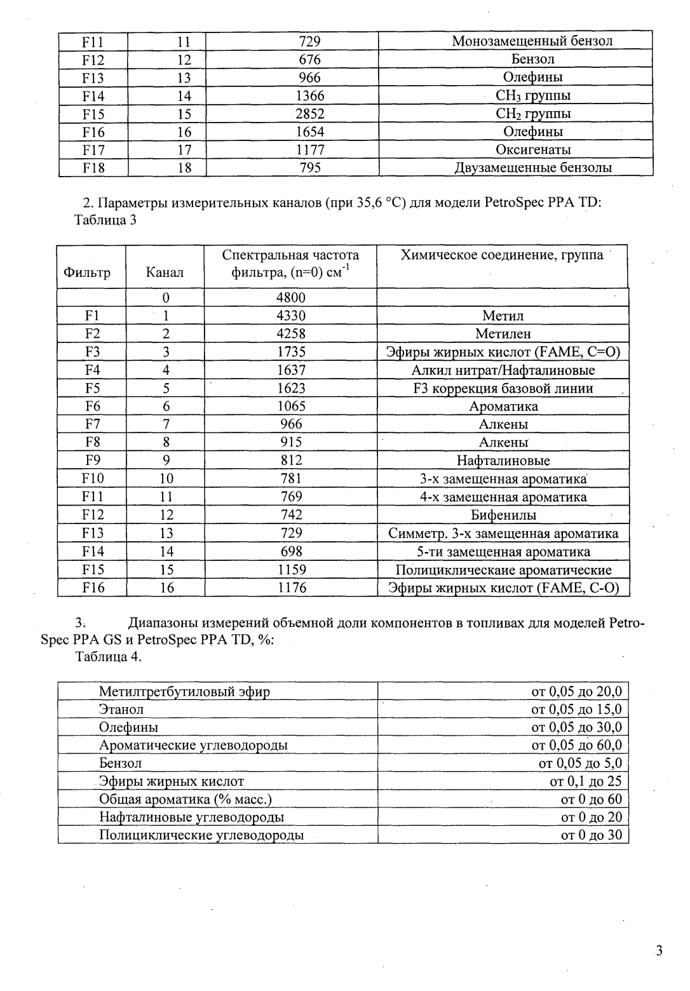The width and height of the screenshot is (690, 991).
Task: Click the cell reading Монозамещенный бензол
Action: coord(532,41)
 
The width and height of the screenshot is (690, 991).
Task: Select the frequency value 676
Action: coord(309,59)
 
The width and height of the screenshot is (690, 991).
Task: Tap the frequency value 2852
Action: coord(309,114)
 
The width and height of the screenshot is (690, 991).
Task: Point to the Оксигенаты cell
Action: coord(532,150)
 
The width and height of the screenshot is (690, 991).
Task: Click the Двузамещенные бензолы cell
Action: coord(532,168)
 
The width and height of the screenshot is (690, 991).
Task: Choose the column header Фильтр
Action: coord(87,273)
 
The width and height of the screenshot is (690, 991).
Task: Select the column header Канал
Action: coord(165,273)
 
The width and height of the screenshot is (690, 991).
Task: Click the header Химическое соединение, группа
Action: coord(501,255)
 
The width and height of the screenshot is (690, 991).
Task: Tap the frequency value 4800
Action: coord(291,297)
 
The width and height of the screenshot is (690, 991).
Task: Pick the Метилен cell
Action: coord(503,334)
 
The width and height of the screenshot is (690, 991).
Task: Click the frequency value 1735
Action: coord(291,352)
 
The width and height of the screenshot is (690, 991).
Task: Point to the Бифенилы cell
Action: coord(503,515)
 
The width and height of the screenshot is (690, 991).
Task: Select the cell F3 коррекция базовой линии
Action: coord(503,388)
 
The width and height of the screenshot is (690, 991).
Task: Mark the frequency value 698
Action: coord(291,551)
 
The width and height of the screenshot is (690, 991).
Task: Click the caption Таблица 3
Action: coord(105,220)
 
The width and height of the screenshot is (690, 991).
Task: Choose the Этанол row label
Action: coord(121,710)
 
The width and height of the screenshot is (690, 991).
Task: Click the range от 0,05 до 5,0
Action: coord(579,764)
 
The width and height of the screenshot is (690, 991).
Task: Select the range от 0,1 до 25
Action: coord(585,781)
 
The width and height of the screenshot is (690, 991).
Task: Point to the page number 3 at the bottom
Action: coord(658,951)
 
